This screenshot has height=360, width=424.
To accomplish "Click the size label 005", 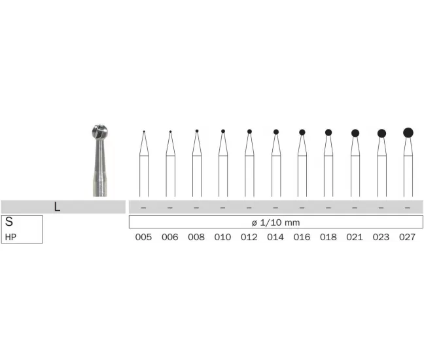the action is point(143,237).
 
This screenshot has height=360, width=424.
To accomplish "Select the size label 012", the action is point(249,237).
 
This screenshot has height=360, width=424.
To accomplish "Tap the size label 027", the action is point(407,237).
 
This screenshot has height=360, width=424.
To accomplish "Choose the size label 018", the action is point(328,237).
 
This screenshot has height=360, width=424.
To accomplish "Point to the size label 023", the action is point(381,237).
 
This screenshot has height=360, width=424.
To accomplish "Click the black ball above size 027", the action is point(408,133).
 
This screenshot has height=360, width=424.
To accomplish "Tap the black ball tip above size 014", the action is point(276,132).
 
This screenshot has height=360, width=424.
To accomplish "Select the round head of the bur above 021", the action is point(355,133).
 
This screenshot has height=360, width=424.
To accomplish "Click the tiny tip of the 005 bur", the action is point(144,132).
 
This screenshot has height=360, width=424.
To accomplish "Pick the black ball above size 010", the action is point(223,131).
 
